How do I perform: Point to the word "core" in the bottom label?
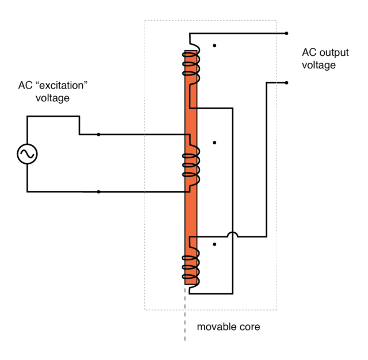coord(249,327)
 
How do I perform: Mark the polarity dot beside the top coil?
coord(214,45)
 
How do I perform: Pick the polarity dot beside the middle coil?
coord(214,142)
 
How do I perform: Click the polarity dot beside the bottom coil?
coord(214,244)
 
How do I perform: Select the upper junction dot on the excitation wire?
coord(99,135)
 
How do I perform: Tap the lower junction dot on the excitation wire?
coord(99,192)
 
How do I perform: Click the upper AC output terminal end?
coord(286,33)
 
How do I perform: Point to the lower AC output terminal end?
coord(286,82)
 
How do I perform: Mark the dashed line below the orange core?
coord(185,313)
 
